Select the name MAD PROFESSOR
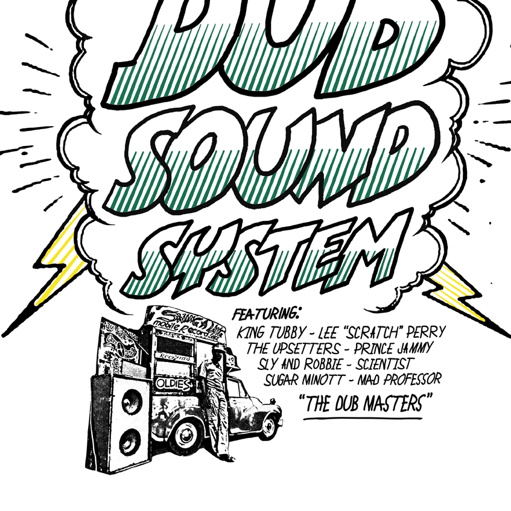tap(401, 379)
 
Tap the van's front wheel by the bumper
tap(267, 427)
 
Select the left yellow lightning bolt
tap(60, 259)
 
